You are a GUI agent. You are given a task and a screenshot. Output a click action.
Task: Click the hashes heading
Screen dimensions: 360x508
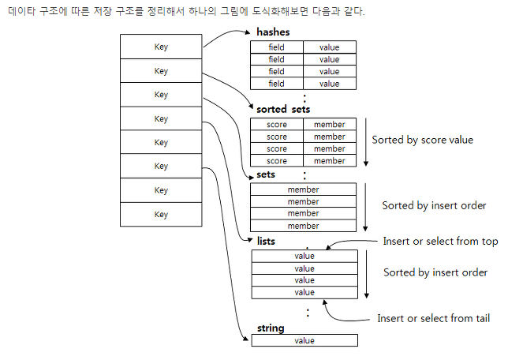(273, 32)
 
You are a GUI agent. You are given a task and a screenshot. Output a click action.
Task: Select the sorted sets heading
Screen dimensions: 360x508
(283, 109)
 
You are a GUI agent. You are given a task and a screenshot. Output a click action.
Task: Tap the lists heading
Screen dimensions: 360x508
(266, 240)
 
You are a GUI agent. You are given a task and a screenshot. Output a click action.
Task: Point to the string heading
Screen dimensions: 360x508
(271, 328)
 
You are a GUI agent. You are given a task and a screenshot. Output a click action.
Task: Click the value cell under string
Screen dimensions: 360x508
(304, 340)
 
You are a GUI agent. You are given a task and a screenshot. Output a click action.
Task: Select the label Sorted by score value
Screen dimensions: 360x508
(422, 140)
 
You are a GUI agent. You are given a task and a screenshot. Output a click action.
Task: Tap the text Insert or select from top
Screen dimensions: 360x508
(440, 241)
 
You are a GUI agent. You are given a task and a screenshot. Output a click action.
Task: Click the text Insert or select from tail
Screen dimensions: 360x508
(433, 318)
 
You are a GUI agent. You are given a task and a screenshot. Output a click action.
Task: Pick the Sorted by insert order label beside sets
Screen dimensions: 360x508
(434, 205)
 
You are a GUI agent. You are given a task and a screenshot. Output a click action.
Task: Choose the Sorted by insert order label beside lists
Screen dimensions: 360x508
(435, 272)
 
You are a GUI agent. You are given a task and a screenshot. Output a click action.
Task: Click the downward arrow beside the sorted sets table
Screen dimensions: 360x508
(367, 141)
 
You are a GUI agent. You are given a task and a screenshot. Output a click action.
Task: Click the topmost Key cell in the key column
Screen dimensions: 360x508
(161, 47)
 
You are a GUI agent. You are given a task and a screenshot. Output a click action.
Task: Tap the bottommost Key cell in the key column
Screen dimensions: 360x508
(161, 214)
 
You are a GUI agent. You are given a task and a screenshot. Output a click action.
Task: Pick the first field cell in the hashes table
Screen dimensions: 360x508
(276, 47)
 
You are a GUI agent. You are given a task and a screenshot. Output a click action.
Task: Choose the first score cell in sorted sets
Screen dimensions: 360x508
(276, 125)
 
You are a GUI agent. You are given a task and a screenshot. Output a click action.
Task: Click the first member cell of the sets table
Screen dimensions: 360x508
(304, 189)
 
